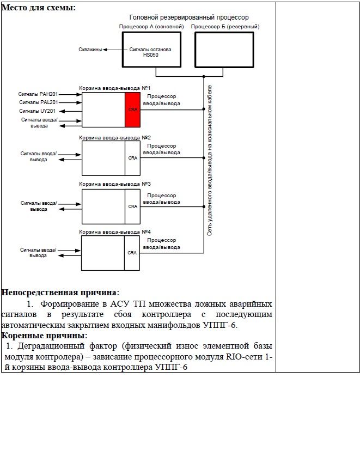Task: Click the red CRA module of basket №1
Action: coord(133,110)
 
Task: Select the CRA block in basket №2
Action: coord(132,158)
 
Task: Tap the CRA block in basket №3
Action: coord(132,206)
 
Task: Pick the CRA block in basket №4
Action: coord(132,253)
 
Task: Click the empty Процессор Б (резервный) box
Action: coord(224,50)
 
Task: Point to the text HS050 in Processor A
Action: coord(151,55)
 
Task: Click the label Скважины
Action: coord(90,50)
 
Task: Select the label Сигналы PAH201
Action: coord(38,94)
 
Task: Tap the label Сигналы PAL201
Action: coord(39,102)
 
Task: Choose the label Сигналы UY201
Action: coord(38,111)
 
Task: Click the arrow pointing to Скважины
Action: coord(113,50)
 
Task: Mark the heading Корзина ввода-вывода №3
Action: coord(115,184)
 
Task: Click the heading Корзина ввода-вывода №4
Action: coord(115,232)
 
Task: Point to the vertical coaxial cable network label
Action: coord(210,160)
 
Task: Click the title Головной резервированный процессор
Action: coord(189,17)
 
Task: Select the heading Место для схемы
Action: coord(39,8)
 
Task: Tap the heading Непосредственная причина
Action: coord(60,292)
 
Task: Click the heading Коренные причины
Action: coord(45,336)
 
